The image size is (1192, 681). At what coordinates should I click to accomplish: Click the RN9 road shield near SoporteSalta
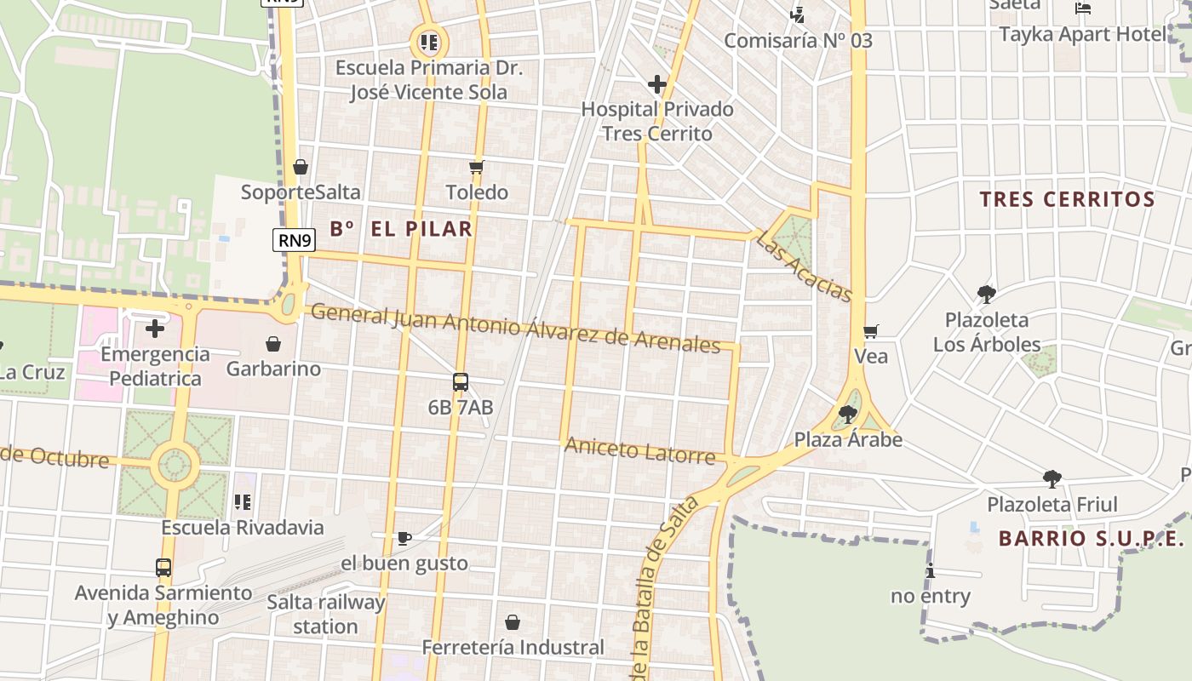tap(295, 240)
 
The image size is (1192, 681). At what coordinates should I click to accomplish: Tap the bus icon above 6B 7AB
tap(461, 382)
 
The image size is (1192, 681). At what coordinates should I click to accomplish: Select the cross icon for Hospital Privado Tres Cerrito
tap(656, 84)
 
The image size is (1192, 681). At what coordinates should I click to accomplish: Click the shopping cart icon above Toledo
tap(477, 167)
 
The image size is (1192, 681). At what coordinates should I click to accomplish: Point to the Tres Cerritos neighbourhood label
tap(1067, 200)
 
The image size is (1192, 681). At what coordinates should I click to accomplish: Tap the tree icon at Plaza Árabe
tap(847, 415)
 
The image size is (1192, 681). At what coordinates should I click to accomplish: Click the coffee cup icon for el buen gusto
tap(404, 538)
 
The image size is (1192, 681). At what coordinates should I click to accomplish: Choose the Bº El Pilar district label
tap(401, 228)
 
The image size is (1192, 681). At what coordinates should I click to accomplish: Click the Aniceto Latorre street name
tap(640, 450)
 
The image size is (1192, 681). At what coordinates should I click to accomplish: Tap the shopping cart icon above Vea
tap(870, 331)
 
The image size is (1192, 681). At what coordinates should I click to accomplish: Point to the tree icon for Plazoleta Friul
tap(1052, 479)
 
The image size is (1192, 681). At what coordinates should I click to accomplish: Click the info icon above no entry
tap(931, 570)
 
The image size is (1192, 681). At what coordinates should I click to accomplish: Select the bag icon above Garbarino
tap(273, 344)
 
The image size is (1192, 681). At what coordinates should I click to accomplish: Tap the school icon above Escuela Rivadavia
tap(243, 502)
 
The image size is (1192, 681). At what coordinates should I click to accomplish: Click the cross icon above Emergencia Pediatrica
tap(155, 328)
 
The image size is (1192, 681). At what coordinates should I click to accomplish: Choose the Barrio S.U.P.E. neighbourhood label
tap(1092, 539)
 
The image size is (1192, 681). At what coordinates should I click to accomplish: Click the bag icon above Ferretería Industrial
tap(513, 622)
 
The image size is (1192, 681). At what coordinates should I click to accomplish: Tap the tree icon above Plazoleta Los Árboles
tap(987, 295)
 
